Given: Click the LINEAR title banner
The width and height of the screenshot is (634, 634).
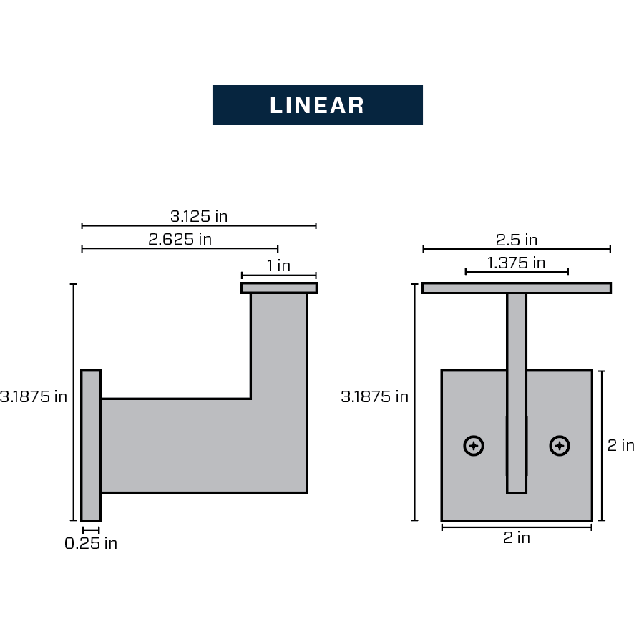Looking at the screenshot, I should (x=317, y=105).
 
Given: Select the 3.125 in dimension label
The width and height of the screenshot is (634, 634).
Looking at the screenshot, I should (x=199, y=215).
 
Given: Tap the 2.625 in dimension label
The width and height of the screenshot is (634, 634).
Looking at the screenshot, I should (x=180, y=238).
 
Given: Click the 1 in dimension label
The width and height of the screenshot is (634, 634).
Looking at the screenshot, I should (x=278, y=265).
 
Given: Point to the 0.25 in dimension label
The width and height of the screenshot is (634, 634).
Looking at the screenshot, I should (x=91, y=543).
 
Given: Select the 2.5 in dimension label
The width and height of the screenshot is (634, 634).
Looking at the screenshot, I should (x=516, y=240).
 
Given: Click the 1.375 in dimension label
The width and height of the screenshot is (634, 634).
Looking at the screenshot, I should (x=516, y=263).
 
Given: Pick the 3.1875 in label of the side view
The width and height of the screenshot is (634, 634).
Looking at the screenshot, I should (x=34, y=396).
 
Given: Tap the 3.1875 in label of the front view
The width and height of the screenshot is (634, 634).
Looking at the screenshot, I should (x=375, y=396).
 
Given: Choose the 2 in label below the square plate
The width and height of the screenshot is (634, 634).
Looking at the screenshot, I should (x=516, y=537).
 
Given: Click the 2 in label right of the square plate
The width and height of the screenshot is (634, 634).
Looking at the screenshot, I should (x=620, y=445).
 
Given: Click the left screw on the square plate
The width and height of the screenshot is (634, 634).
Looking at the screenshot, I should (x=474, y=446).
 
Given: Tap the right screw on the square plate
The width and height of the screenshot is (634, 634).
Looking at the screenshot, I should (x=560, y=446).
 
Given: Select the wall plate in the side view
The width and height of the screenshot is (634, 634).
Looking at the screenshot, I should (x=91, y=445).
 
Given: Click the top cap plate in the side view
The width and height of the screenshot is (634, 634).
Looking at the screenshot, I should (x=278, y=288).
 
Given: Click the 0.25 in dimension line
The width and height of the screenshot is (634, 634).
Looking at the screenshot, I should (x=91, y=530).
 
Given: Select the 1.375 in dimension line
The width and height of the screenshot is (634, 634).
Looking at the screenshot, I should (x=516, y=272).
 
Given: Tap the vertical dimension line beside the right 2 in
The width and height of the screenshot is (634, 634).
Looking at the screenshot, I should (x=602, y=445).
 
